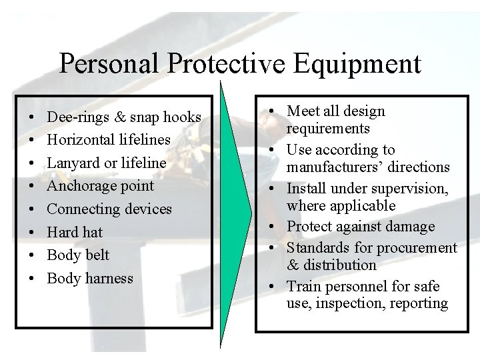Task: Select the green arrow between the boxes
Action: (x=235, y=213)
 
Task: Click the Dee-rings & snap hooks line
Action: (x=124, y=117)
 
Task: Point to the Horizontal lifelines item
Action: (x=109, y=140)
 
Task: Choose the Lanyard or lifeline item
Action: (x=107, y=163)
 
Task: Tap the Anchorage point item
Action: (x=100, y=186)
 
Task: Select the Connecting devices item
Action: (x=109, y=209)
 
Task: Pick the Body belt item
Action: (x=78, y=255)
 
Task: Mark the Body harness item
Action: (x=90, y=278)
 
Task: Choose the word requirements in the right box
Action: (x=328, y=129)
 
